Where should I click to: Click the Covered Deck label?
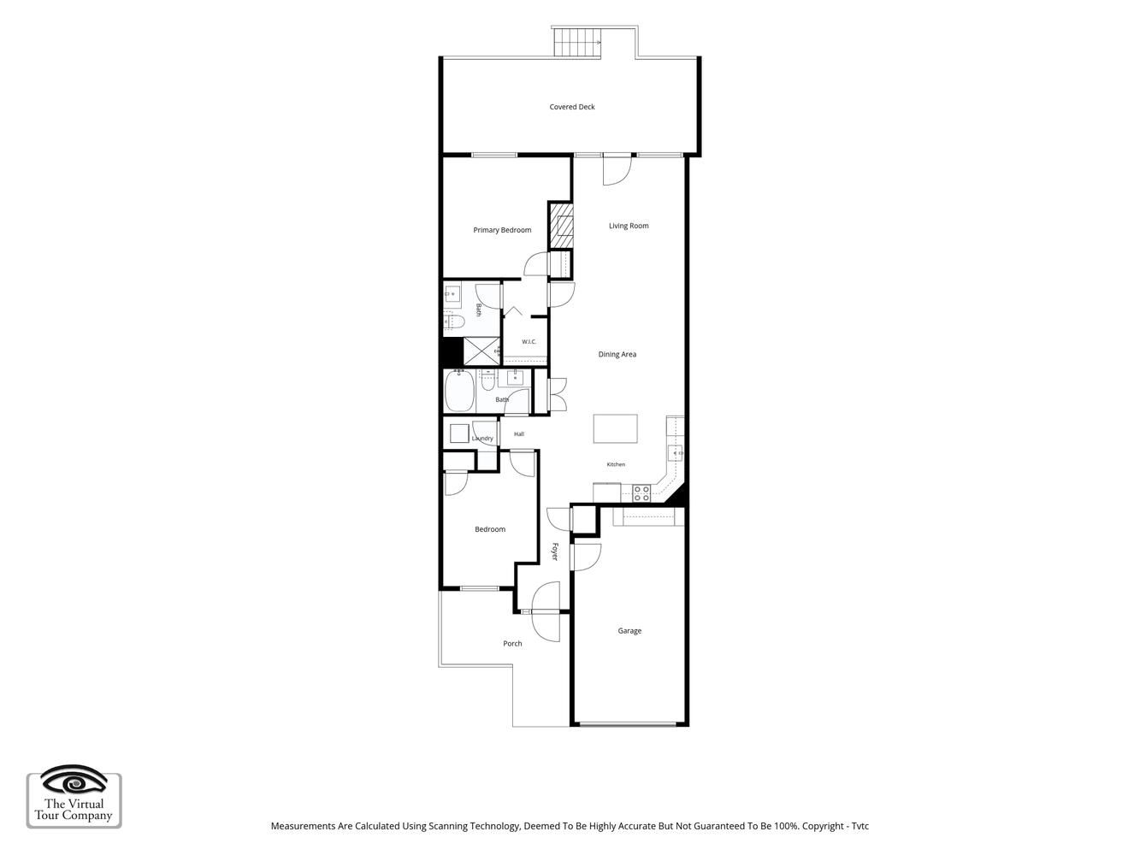point(572,107)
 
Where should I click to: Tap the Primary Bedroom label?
point(502,230)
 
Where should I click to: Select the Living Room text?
point(629,226)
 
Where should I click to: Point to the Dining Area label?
point(617,355)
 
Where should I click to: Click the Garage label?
point(629,631)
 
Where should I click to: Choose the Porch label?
point(512,643)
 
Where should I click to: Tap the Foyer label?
point(555,551)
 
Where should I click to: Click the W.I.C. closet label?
point(529,342)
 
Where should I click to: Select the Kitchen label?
point(616,464)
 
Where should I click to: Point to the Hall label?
point(519,434)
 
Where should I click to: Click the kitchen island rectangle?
point(616,428)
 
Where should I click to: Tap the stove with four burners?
point(641,493)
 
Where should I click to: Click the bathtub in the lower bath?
point(459,391)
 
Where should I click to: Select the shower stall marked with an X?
point(481,351)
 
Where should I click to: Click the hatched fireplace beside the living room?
point(561,227)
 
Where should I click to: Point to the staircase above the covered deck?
point(577,42)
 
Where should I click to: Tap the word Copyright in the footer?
point(824,826)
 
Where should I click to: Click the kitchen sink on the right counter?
point(676,453)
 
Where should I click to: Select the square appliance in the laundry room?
point(459,433)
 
